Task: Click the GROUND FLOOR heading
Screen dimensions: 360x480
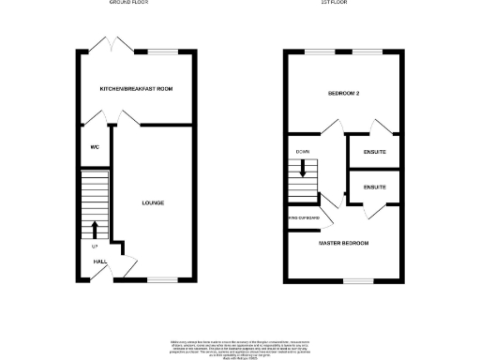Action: click(x=129, y=3)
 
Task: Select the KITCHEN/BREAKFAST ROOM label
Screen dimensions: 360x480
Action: click(x=137, y=89)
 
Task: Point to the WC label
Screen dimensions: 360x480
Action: click(x=95, y=147)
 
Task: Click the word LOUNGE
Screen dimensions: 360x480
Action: click(x=153, y=202)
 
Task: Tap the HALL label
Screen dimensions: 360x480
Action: click(x=99, y=262)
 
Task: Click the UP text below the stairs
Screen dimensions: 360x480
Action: click(x=94, y=247)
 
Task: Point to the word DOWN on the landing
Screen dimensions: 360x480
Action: click(x=303, y=152)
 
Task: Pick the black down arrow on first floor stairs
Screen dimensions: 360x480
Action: click(x=304, y=169)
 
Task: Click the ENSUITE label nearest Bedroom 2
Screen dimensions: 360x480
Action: click(x=374, y=152)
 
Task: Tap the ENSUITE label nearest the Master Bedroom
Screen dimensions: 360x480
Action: click(x=374, y=187)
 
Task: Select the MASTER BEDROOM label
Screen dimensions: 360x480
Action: click(x=343, y=244)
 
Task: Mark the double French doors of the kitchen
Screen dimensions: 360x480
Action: click(x=112, y=42)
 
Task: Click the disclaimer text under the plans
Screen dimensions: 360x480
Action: click(x=239, y=342)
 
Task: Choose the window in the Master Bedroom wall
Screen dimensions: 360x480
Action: click(x=356, y=280)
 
